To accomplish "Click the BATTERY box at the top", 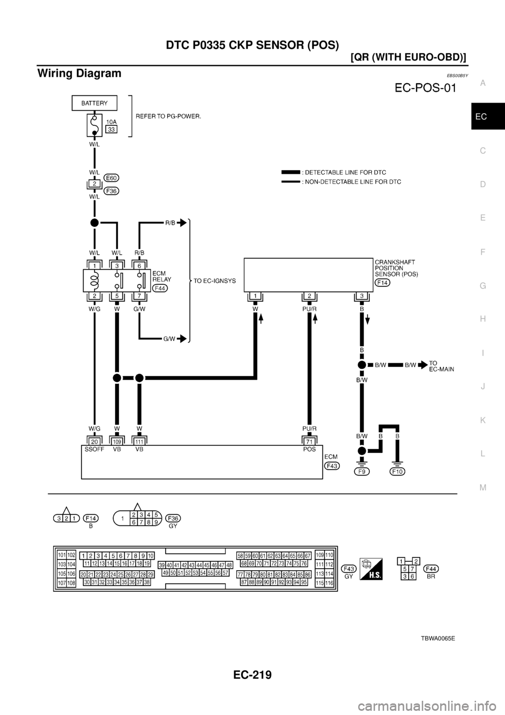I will [x=94, y=103].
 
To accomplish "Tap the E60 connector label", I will [x=111, y=177].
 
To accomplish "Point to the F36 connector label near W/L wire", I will [x=111, y=191].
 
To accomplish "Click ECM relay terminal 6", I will [x=139, y=266].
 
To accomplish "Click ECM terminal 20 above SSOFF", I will [x=95, y=442].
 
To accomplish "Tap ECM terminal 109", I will [x=116, y=442].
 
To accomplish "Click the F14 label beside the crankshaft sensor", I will [x=382, y=283].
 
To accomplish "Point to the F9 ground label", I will [x=362, y=472].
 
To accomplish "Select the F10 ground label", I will [x=398, y=472].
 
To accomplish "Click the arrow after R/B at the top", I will [x=183, y=223].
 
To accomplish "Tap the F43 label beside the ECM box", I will [x=332, y=466].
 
